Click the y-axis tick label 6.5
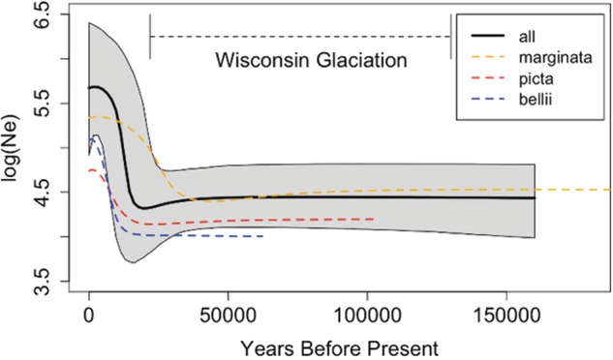pyautogui.click(x=45, y=15)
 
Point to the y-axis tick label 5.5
pyautogui.click(x=45, y=104)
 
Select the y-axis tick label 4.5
pyautogui.click(x=45, y=193)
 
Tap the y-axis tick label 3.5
pyautogui.click(x=45, y=281)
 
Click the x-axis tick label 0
pyautogui.click(x=89, y=314)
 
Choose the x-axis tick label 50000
pyautogui.click(x=228, y=314)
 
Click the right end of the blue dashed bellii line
pyautogui.click(x=263, y=236)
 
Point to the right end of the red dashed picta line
pyautogui.click(x=374, y=220)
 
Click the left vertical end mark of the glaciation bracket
pyautogui.click(x=150, y=36)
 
